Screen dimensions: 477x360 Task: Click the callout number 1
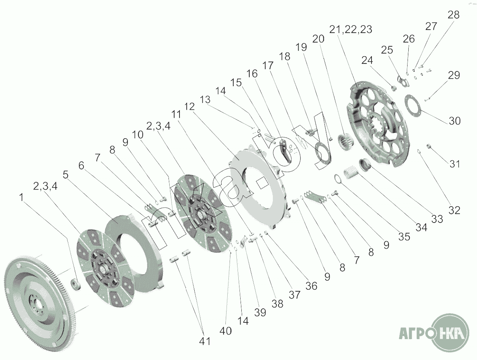(x=21, y=197)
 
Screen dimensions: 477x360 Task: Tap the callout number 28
(x=453, y=15)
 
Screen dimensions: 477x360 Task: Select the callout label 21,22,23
(x=351, y=29)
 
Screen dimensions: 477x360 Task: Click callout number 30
(x=455, y=121)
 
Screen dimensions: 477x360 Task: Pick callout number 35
(x=404, y=237)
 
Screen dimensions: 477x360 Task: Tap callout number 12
(x=189, y=107)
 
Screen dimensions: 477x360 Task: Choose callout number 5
(x=65, y=175)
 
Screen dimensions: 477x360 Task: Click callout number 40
(x=225, y=331)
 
